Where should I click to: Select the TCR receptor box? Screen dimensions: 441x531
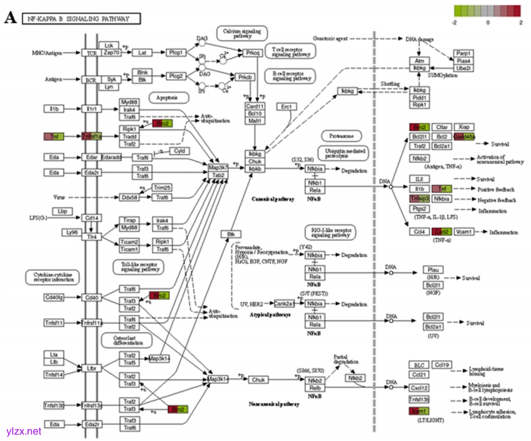[92, 53]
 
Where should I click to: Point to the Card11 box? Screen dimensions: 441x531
[255, 106]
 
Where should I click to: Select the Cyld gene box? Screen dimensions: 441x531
[180, 151]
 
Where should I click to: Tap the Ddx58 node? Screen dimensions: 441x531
[129, 197]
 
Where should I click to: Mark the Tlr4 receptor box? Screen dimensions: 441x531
[92, 237]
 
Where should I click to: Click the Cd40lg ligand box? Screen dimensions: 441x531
[55, 297]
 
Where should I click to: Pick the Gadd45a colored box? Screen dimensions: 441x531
[464, 137]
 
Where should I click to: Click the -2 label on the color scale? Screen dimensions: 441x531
[454, 22]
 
